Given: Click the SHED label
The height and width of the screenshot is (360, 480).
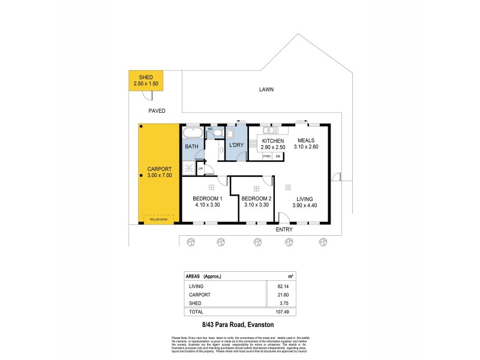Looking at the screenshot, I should [146, 78].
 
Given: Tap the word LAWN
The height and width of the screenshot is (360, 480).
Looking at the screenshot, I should [266, 89].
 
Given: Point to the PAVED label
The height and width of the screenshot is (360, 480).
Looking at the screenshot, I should [157, 110].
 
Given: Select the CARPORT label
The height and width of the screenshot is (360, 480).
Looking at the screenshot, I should [159, 169].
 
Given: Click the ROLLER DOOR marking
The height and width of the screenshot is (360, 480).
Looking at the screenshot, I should [159, 220].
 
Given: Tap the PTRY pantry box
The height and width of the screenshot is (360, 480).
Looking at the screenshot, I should [267, 157].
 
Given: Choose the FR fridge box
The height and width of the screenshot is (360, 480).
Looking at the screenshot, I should [278, 157].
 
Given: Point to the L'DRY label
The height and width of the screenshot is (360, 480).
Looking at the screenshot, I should [236, 145].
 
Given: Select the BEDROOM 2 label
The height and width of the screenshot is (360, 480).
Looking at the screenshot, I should [256, 199].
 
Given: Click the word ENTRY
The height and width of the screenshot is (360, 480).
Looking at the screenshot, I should [284, 230].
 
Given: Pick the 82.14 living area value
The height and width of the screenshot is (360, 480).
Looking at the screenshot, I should [292, 287].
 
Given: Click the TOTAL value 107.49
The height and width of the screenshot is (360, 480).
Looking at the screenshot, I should [291, 312].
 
